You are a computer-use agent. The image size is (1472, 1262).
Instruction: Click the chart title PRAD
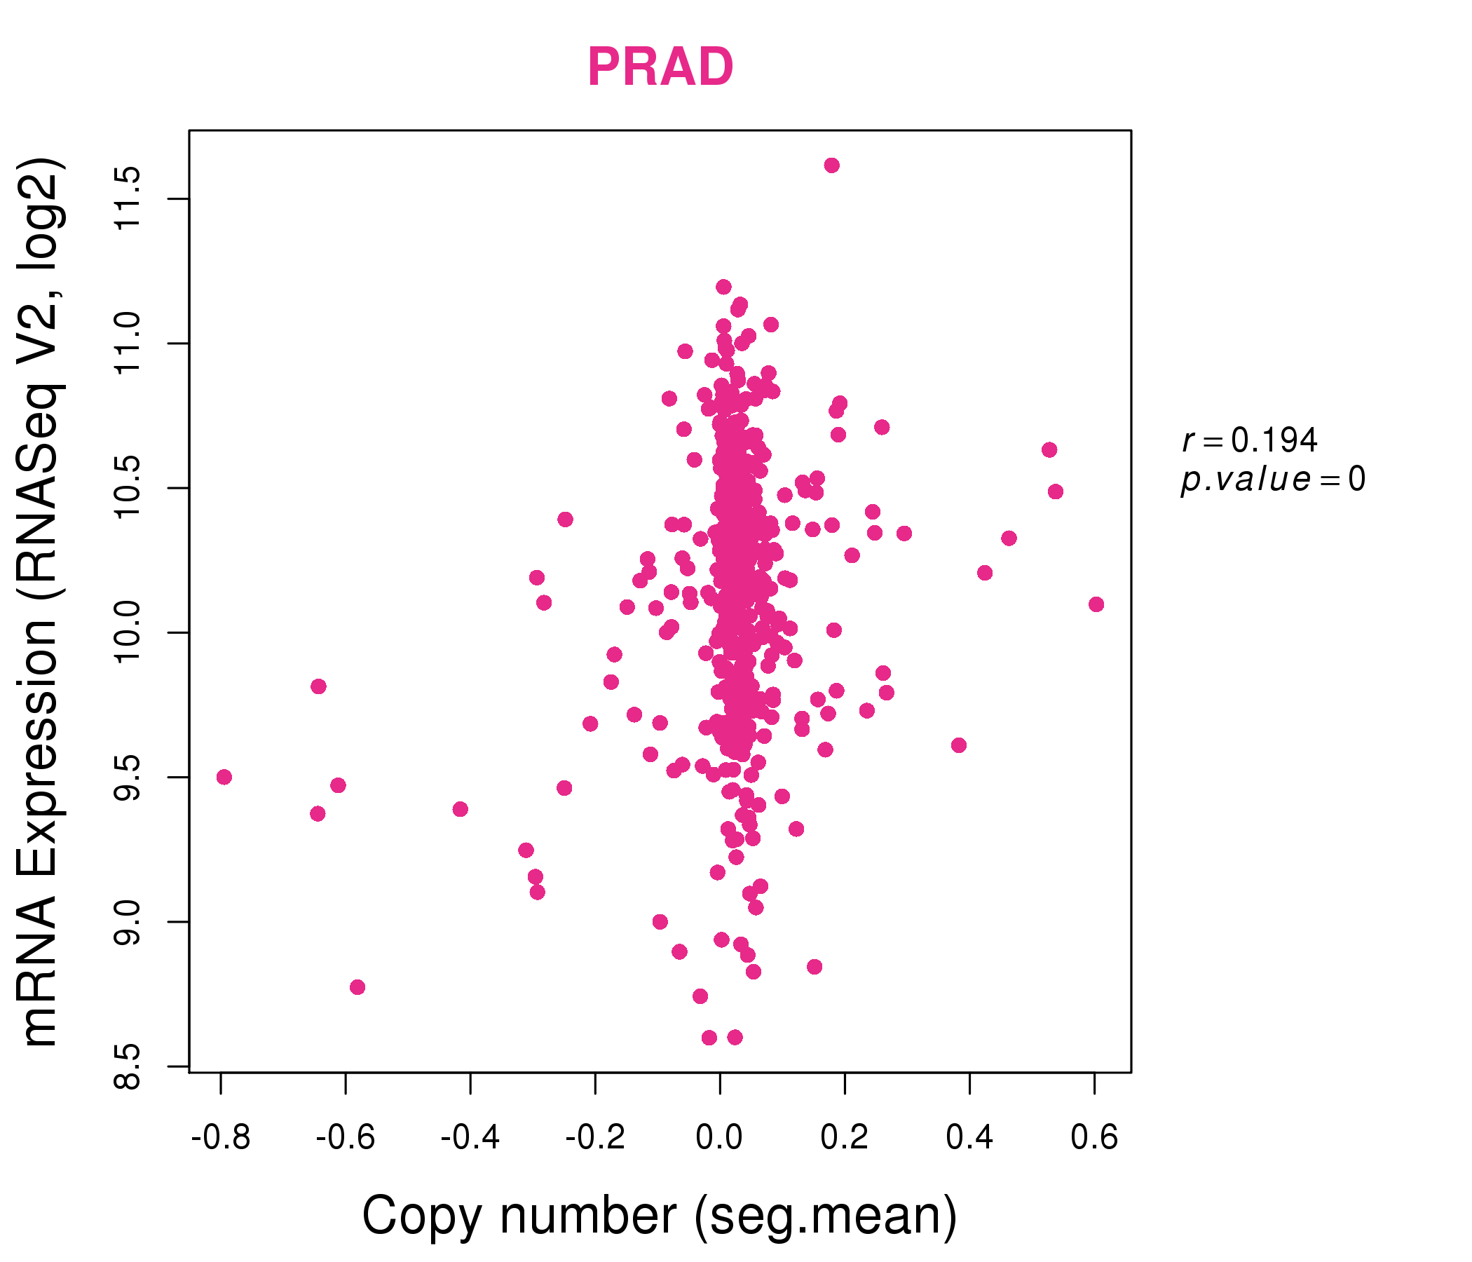[x=660, y=67]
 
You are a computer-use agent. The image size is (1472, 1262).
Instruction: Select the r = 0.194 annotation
[x=1250, y=440]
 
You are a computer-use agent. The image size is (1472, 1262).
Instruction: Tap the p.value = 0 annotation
[x=1272, y=480]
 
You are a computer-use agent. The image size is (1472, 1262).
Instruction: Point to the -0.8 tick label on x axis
[x=221, y=1138]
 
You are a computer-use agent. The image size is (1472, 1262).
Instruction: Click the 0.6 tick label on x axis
[x=1094, y=1138]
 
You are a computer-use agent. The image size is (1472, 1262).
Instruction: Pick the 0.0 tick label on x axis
[x=720, y=1138]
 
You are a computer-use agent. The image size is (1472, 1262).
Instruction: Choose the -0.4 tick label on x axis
[x=470, y=1138]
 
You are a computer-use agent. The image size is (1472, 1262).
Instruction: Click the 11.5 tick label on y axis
[x=128, y=199]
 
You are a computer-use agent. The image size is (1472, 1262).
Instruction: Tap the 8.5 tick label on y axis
[x=128, y=1066]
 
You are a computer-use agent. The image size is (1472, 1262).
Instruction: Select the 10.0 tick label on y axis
[x=128, y=632]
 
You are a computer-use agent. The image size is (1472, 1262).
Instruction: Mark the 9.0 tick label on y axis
[x=128, y=922]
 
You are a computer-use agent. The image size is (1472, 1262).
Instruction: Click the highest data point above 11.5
[x=832, y=165]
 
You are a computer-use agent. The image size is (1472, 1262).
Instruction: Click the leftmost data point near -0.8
[x=224, y=777]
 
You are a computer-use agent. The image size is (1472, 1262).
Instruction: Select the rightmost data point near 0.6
[x=1096, y=604]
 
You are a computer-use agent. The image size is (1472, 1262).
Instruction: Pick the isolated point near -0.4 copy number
[x=461, y=808]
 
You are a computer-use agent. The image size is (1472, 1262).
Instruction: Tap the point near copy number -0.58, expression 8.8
[x=357, y=987]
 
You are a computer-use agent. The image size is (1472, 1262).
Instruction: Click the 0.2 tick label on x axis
[x=844, y=1138]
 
